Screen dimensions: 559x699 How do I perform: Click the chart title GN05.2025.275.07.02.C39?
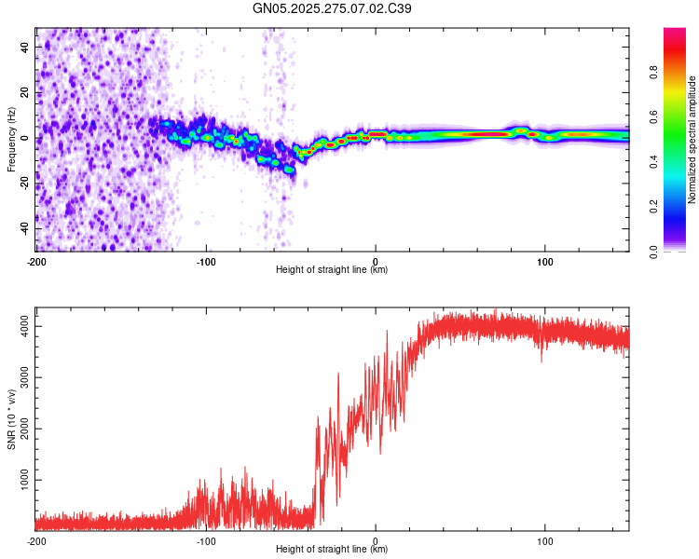point(334,8)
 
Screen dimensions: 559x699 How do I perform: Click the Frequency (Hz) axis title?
point(11,139)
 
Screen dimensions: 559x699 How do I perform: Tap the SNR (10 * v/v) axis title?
point(11,419)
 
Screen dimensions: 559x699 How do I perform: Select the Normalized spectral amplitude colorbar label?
point(692,140)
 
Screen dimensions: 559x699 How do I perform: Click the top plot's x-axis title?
point(332,269)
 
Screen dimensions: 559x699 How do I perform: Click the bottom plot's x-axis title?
point(332,549)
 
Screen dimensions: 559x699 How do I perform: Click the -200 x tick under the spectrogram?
point(36,260)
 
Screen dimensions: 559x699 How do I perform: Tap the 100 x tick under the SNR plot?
point(544,539)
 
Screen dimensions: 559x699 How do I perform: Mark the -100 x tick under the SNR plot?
point(206,539)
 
